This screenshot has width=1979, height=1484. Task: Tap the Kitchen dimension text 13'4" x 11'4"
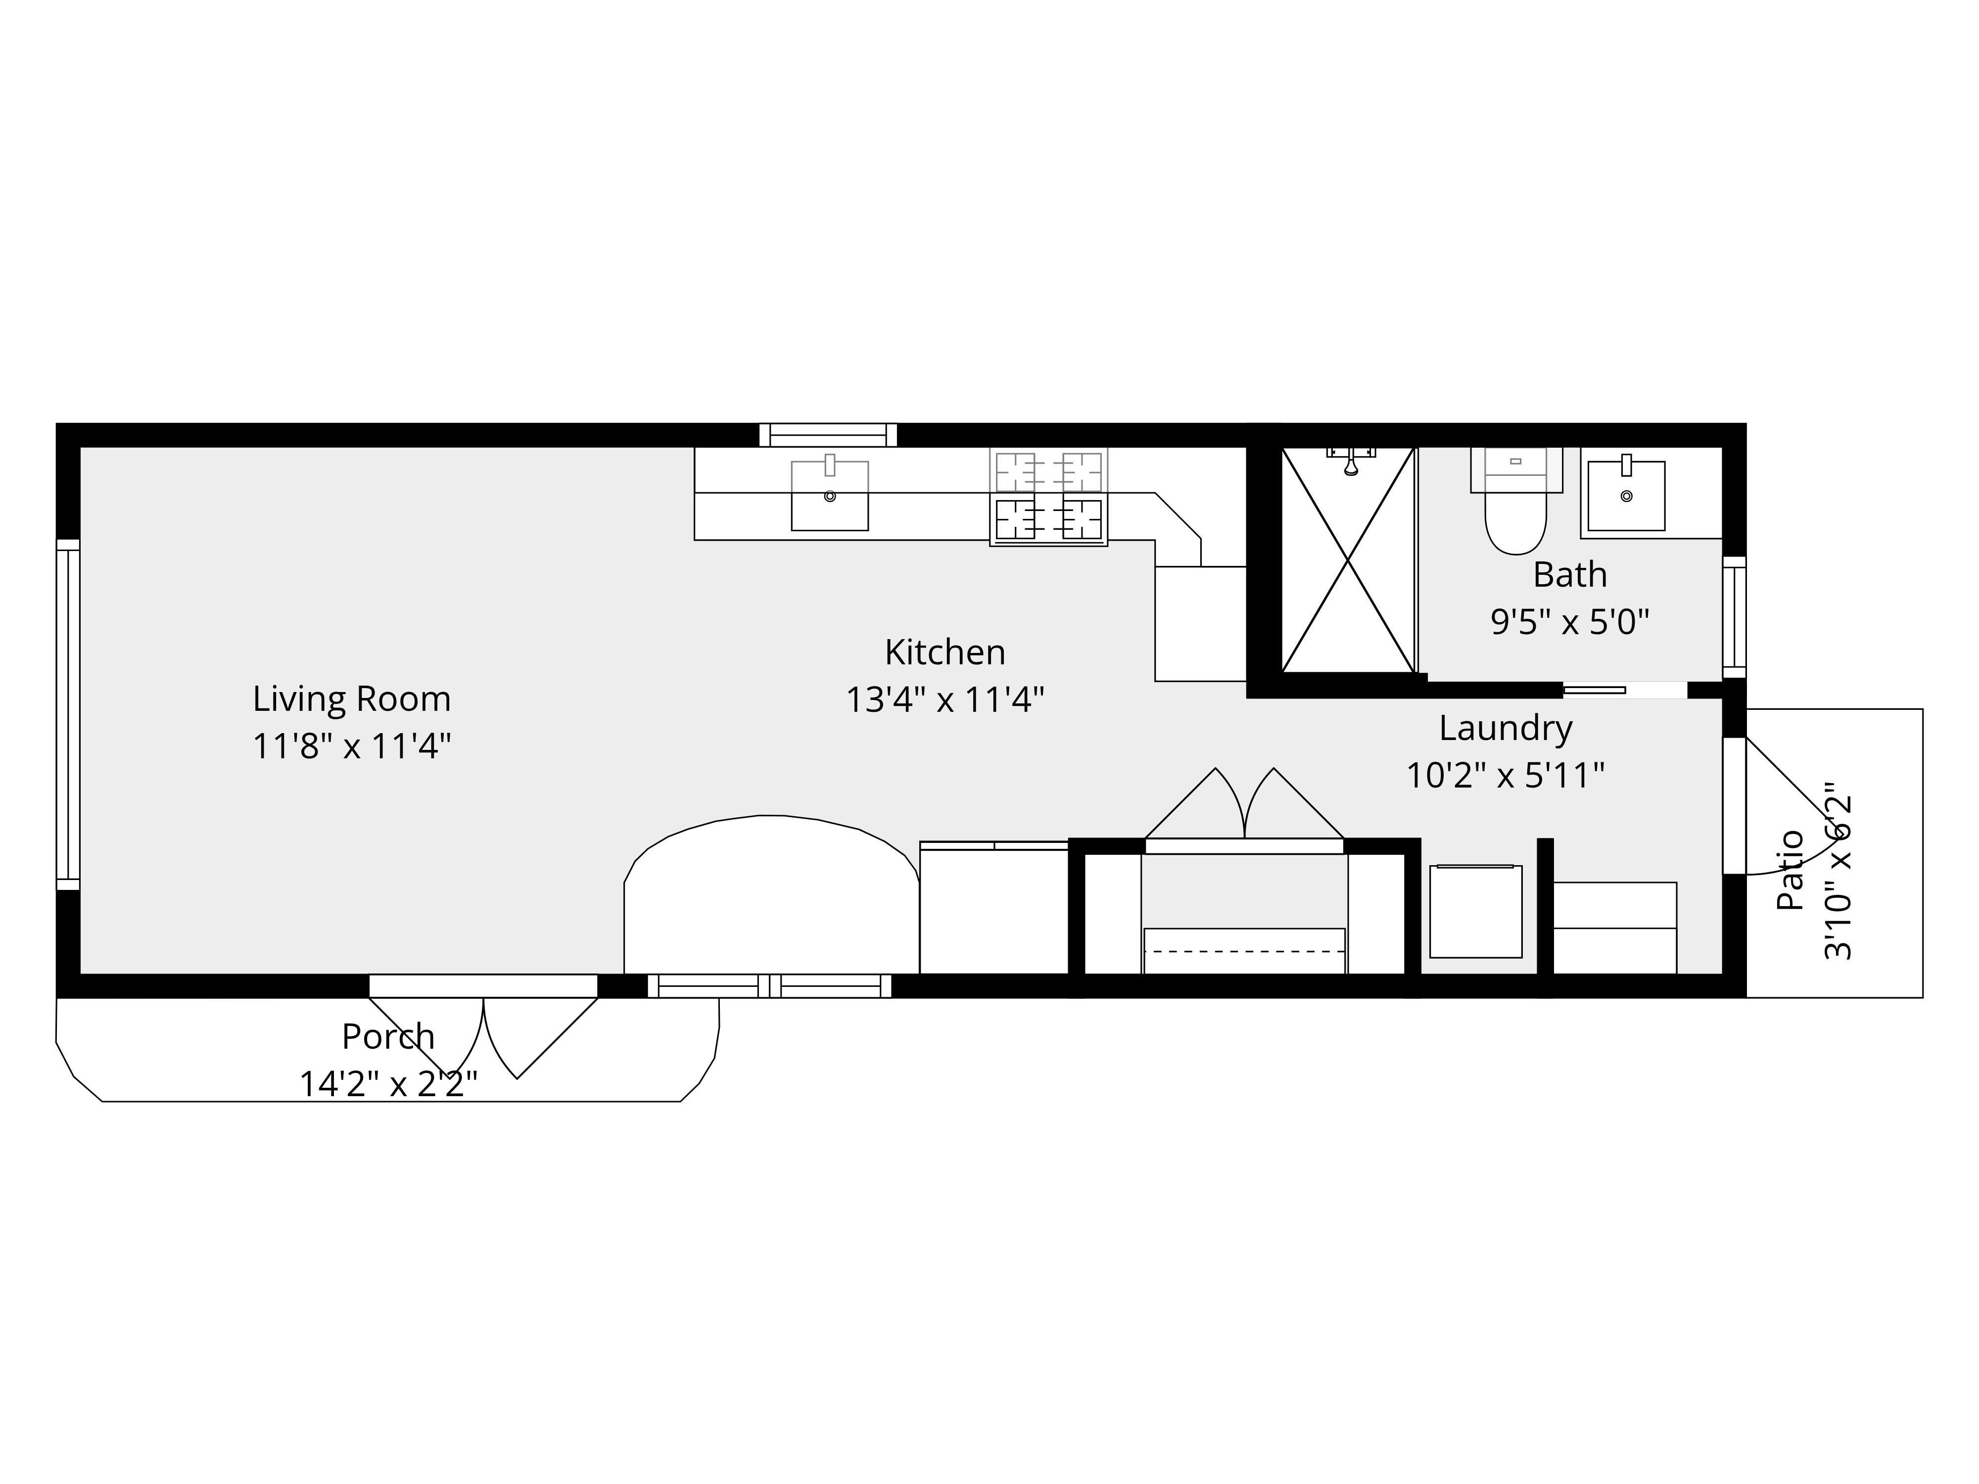click(945, 699)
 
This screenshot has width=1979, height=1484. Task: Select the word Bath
click(1570, 574)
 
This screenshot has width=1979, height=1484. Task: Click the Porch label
click(388, 1037)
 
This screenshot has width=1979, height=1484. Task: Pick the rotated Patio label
click(1790, 870)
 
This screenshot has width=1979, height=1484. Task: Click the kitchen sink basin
click(829, 496)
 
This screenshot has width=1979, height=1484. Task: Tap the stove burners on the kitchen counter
click(1048, 497)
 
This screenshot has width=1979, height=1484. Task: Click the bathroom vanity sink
click(1627, 496)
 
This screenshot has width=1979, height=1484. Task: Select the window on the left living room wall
click(68, 715)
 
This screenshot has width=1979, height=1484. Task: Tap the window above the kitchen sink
click(829, 435)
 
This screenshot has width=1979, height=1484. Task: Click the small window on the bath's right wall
click(1735, 617)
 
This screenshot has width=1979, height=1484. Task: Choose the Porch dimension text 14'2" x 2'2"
click(388, 1084)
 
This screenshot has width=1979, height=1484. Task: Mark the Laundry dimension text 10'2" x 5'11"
click(1506, 776)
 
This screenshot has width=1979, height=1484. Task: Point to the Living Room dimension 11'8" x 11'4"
click(352, 746)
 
